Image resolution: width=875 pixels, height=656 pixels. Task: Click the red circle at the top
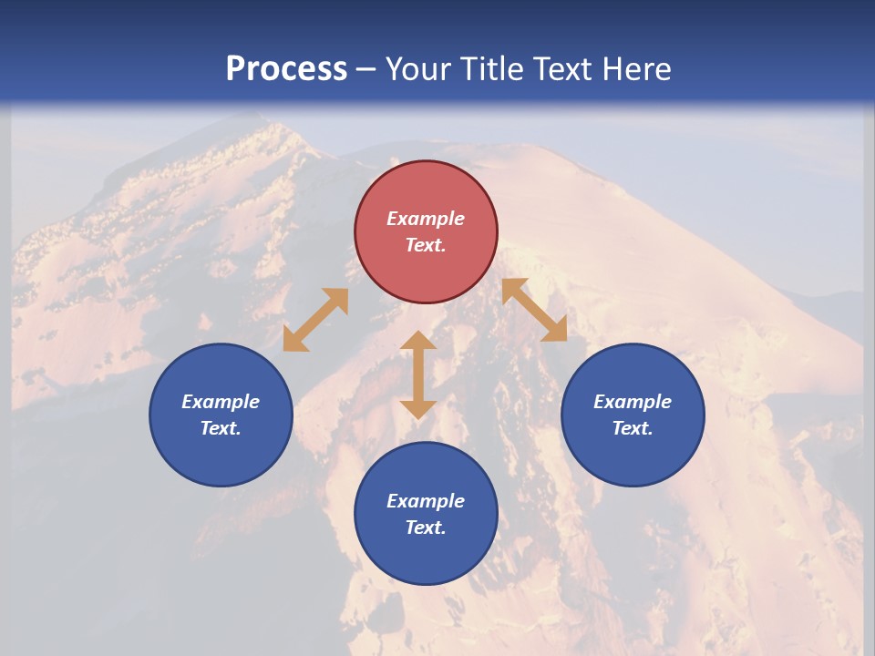tap(426, 232)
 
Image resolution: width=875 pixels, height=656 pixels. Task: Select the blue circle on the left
tap(221, 415)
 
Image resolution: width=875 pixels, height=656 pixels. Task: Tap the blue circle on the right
tap(633, 415)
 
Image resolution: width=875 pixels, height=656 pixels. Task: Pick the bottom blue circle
tap(426, 514)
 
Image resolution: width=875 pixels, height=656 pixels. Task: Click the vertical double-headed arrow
tap(418, 374)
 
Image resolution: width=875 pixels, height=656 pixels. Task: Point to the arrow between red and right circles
tap(534, 310)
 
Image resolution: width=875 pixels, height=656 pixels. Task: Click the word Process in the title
tap(286, 69)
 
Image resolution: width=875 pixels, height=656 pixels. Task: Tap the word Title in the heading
tap(495, 69)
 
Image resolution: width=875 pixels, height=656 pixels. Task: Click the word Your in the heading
tap(419, 69)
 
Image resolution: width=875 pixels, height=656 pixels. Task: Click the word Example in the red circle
tap(426, 219)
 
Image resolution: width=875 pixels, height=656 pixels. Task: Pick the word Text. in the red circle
tap(426, 245)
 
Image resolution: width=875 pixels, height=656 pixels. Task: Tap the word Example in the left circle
tap(221, 402)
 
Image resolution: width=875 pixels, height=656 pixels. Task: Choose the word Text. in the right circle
tap(633, 428)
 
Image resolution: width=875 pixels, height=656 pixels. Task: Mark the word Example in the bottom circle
tap(426, 501)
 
